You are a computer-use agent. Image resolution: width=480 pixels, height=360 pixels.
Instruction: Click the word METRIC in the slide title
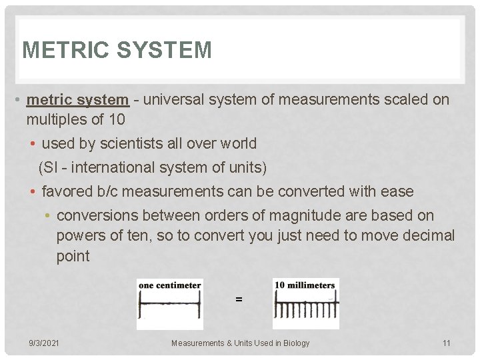pyautogui.click(x=59, y=50)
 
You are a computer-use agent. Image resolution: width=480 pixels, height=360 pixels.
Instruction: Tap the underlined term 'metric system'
pyautogui.click(x=77, y=100)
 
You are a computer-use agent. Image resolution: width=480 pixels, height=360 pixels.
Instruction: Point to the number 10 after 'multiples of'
pyautogui.click(x=116, y=120)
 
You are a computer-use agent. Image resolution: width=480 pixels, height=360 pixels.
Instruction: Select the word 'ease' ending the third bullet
pyautogui.click(x=397, y=192)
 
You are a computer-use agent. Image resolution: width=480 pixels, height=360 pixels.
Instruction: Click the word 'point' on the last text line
pyautogui.click(x=73, y=257)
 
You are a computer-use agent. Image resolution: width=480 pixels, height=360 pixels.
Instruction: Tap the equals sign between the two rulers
pyautogui.click(x=239, y=300)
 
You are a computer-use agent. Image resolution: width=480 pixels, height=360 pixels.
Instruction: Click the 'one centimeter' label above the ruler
pyautogui.click(x=170, y=285)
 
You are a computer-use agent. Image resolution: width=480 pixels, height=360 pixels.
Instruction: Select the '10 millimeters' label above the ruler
pyautogui.click(x=305, y=285)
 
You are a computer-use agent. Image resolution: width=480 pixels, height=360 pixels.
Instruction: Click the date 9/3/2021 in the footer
pyautogui.click(x=44, y=343)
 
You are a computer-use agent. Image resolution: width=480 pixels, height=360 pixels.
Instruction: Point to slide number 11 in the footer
pyautogui.click(x=446, y=343)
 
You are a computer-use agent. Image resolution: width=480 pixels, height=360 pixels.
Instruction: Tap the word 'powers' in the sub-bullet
pyautogui.click(x=79, y=236)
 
